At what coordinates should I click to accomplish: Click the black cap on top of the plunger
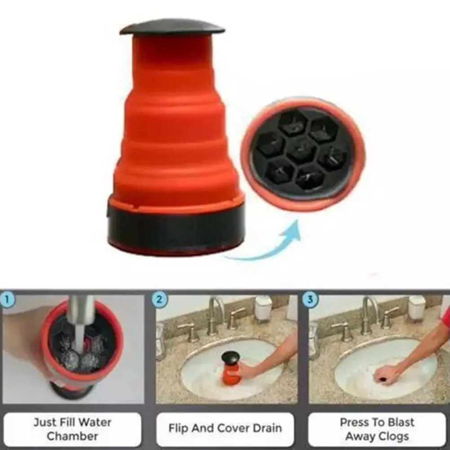[x=172, y=27]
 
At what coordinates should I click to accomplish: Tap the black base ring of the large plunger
[x=176, y=229]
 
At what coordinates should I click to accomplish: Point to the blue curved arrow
[x=270, y=245]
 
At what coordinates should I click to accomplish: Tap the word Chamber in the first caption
[x=72, y=436]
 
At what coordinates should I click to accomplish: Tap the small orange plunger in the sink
[x=231, y=369]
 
